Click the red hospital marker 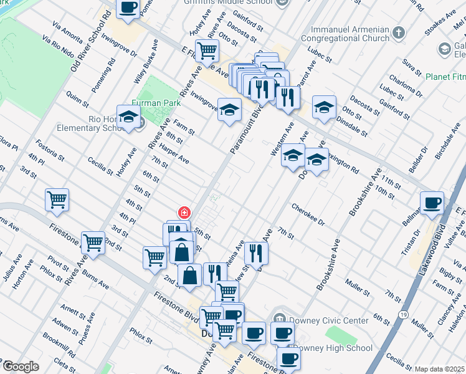pyautogui.click(x=184, y=213)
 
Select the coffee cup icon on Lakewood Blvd pyautogui.click(x=432, y=203)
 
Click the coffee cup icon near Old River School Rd pyautogui.click(x=128, y=8)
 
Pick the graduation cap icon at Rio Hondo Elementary pyautogui.click(x=128, y=117)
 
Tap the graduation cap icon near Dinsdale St pyautogui.click(x=324, y=107)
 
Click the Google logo pyautogui.click(x=21, y=367)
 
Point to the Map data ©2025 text pyautogui.click(x=440, y=369)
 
